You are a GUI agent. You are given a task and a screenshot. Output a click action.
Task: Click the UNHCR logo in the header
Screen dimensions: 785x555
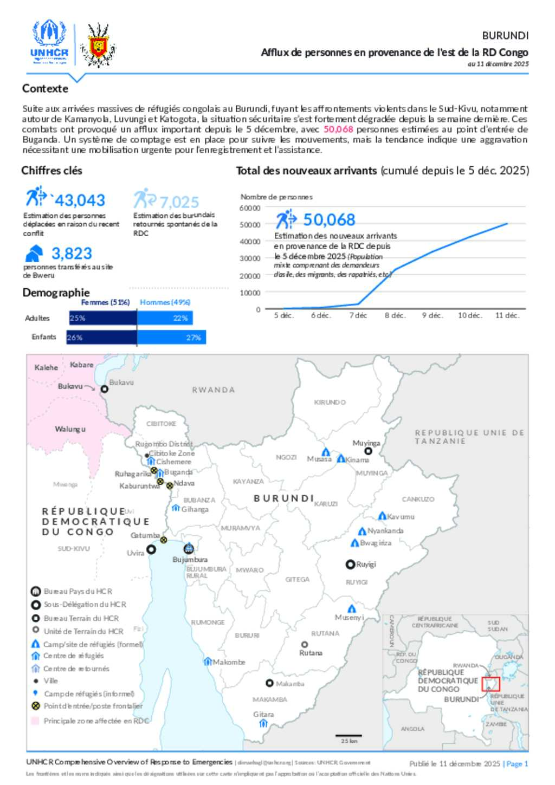(49, 42)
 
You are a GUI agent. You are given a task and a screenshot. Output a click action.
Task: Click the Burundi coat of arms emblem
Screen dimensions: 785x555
(98, 45)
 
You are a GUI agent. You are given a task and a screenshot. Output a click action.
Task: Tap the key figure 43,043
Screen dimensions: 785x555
(80, 200)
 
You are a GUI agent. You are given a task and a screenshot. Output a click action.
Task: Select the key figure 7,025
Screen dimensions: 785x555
(179, 202)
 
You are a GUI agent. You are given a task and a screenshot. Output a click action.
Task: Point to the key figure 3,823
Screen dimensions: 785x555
(72, 254)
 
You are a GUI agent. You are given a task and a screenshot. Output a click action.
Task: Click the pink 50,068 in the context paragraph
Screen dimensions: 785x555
(338, 129)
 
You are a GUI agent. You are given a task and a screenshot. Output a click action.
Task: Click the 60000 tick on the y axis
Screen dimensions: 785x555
(250, 208)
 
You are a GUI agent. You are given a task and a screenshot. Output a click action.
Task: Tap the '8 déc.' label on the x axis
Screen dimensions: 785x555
(395, 315)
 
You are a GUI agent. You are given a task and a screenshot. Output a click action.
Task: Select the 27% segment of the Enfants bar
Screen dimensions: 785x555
(171, 338)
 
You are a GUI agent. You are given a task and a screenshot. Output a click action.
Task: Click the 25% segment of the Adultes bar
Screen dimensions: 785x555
(103, 318)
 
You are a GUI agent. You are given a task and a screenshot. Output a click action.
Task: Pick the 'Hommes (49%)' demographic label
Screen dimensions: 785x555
(165, 302)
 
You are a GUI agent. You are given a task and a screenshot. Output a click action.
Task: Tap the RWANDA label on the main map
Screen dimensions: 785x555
(214, 390)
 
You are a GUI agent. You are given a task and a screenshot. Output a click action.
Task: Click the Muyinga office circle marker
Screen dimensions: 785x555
(368, 451)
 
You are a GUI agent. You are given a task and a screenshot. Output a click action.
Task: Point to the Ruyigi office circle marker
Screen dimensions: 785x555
(350, 565)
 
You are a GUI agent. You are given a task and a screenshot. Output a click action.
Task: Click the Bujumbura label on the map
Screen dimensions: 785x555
(190, 560)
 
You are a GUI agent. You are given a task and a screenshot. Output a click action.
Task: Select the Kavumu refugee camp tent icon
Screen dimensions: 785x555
(382, 516)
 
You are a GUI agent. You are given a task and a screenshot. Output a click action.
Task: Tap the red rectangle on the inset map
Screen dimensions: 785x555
(491, 684)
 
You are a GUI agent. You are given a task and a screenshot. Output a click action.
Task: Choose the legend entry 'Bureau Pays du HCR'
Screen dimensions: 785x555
(78, 592)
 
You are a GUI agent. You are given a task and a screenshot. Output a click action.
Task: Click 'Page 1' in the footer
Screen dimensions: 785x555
(517, 764)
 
